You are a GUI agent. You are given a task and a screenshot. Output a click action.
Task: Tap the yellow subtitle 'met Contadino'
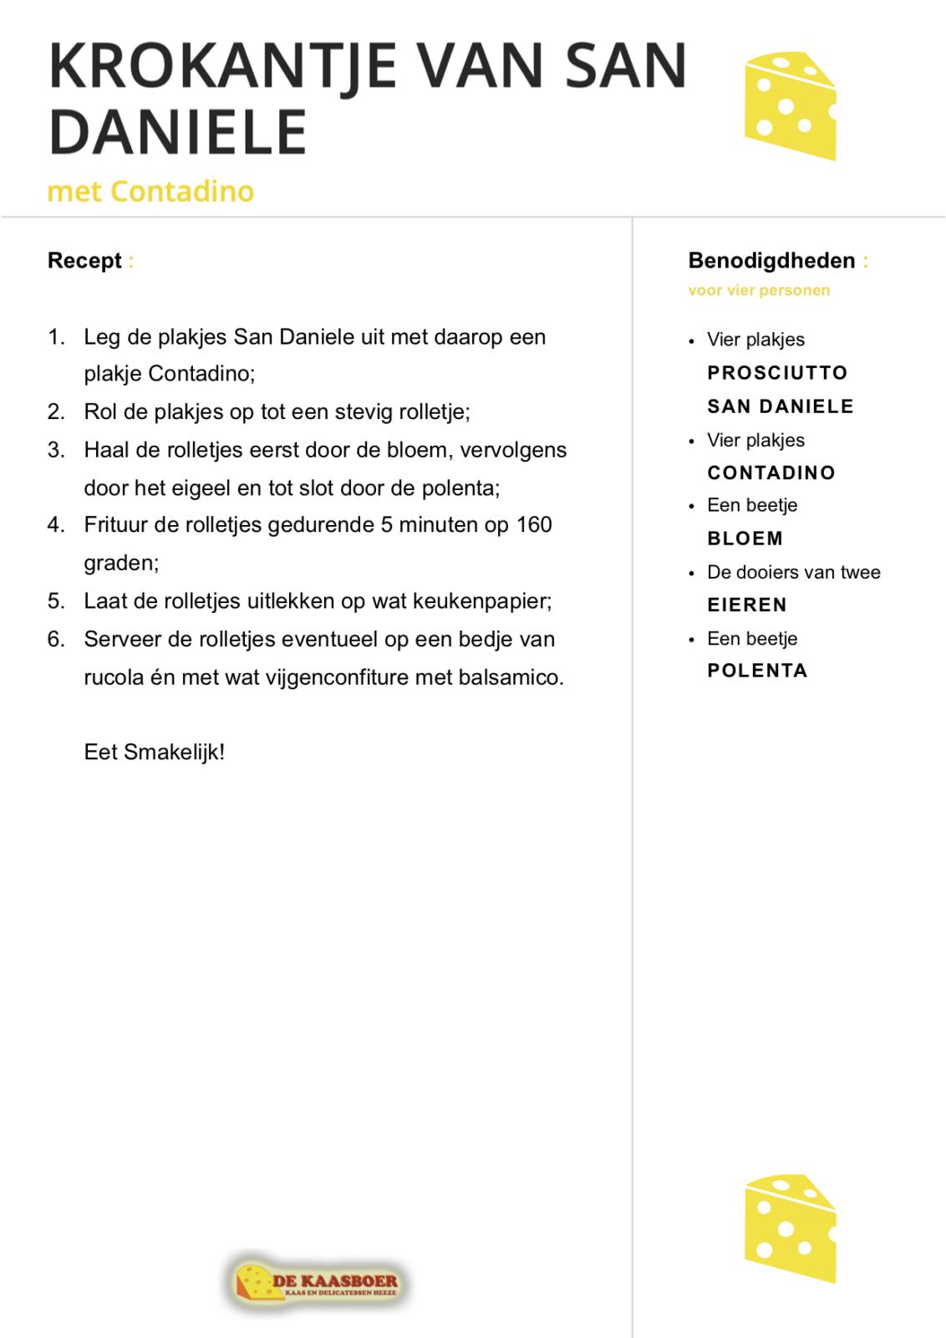pyautogui.click(x=150, y=192)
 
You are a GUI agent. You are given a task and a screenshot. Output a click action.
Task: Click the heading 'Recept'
pyautogui.click(x=84, y=261)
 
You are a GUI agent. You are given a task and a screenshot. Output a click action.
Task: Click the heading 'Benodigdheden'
pyautogui.click(x=771, y=261)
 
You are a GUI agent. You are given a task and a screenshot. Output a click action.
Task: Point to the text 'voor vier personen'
pyautogui.click(x=759, y=291)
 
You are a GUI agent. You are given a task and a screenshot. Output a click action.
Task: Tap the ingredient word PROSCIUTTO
pyautogui.click(x=777, y=373)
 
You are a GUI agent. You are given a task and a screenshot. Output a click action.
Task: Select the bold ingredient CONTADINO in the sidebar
pyautogui.click(x=771, y=473)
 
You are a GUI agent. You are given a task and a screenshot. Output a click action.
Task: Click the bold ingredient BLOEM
pyautogui.click(x=745, y=539)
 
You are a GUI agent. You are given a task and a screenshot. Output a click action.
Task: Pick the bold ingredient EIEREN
pyautogui.click(x=747, y=605)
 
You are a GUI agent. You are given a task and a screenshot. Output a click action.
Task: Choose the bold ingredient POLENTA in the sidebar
pyautogui.click(x=757, y=671)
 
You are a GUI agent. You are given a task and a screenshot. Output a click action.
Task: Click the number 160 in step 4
pyautogui.click(x=534, y=525)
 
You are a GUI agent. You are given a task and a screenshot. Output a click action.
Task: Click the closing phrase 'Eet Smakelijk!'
pyautogui.click(x=155, y=752)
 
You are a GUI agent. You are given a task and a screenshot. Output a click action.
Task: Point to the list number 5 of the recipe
pyautogui.click(x=55, y=601)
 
